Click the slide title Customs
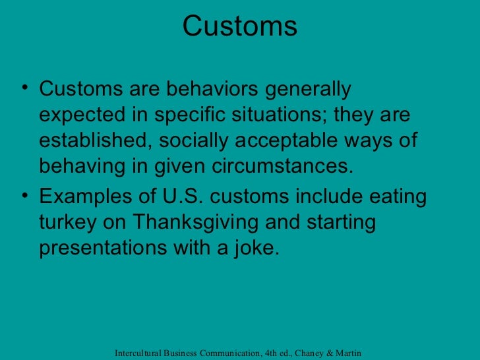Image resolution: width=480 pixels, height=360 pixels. point(239,26)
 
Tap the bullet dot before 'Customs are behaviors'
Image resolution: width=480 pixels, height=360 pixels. point(24,89)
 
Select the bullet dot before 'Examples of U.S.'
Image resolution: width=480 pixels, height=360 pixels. point(24,198)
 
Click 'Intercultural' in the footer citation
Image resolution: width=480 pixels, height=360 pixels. point(139,353)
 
